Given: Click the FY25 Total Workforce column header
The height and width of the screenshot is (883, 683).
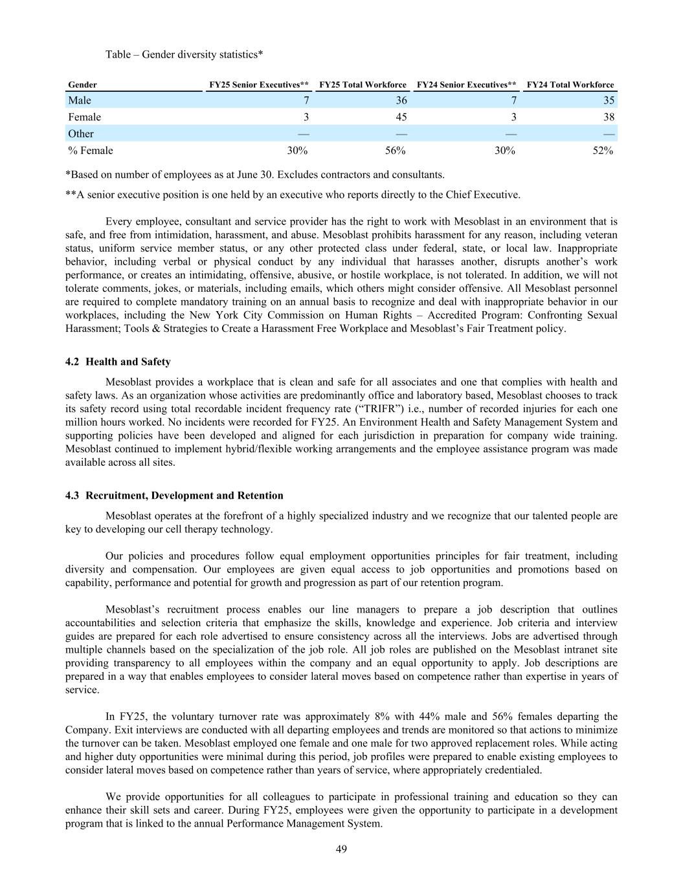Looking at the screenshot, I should click(363, 85).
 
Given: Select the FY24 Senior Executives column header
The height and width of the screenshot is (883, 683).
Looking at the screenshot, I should click(466, 85).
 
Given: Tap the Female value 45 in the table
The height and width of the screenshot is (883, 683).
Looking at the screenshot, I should click(401, 117).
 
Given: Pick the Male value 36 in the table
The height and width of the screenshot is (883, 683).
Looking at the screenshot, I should click(401, 100).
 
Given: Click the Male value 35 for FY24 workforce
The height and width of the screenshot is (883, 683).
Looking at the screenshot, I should click(609, 100).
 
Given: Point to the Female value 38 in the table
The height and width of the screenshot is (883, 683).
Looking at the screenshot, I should click(609, 117).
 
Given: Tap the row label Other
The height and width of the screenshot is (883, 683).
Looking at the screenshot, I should click(81, 134).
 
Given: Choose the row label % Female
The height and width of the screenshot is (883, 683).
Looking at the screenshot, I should click(91, 151).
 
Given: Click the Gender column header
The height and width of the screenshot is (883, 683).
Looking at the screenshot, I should click(83, 85).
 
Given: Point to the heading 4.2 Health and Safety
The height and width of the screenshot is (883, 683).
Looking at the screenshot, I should click(118, 362).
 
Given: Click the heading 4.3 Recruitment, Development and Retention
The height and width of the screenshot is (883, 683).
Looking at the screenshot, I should click(174, 496).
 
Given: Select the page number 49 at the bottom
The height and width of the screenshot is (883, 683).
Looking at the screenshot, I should click(341, 849).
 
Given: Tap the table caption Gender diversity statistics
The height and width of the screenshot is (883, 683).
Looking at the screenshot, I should click(184, 54).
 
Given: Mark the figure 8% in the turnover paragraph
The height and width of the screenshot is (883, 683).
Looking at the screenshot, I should click(381, 717).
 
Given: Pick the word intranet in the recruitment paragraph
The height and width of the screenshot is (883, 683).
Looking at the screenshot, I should click(568, 649).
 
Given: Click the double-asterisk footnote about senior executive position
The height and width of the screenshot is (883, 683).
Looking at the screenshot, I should click(293, 195).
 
